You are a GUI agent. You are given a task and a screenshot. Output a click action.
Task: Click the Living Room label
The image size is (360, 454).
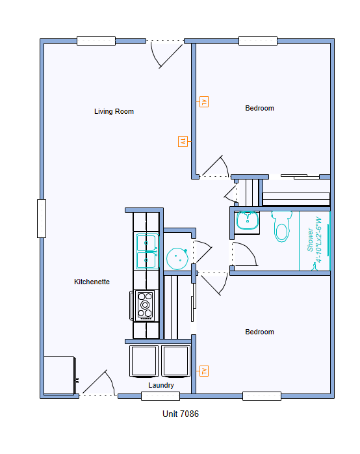114,111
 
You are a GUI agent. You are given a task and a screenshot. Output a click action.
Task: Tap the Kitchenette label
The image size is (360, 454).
92,282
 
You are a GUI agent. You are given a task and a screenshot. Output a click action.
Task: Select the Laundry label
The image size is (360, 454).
161,385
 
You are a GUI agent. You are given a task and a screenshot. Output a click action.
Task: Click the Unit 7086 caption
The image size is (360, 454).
181,414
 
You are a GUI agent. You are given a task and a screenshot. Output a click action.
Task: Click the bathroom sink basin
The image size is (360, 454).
248,220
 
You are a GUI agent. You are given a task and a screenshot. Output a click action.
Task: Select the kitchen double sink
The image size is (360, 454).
147,251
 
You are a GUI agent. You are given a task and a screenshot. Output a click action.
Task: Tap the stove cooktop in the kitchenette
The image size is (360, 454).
144,305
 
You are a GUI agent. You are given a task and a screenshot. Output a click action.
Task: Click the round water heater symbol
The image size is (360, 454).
177,259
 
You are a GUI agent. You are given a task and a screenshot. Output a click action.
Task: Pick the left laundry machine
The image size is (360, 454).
144,362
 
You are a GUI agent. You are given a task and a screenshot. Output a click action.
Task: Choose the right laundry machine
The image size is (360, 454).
175,362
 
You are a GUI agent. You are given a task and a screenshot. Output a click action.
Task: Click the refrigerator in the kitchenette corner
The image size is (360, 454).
60,376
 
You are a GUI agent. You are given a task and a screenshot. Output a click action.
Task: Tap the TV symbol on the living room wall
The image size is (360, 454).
183,142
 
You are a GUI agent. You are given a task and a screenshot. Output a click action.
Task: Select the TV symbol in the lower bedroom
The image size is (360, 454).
204,371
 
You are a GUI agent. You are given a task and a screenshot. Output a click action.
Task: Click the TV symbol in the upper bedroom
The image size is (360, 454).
204,102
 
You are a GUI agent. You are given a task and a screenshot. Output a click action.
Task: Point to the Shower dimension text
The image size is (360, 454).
315,240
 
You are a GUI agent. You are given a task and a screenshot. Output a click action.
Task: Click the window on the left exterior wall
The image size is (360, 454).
42,219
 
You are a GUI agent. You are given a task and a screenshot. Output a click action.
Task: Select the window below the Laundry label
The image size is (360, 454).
161,396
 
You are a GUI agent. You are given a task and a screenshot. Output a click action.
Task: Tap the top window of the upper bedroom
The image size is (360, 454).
258,41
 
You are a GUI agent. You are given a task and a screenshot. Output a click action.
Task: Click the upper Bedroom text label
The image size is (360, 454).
260,108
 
